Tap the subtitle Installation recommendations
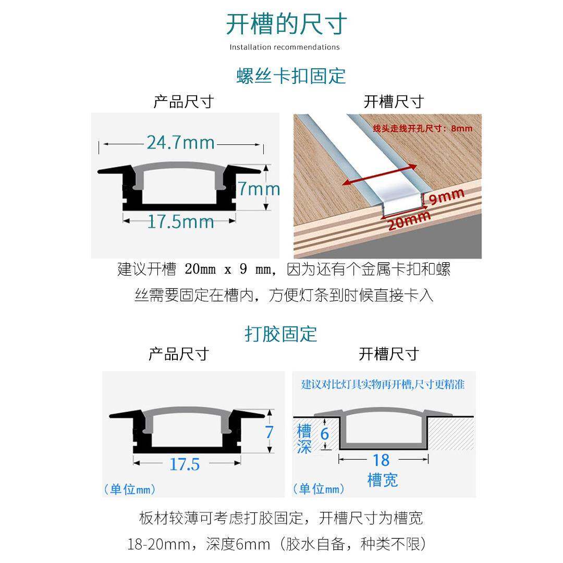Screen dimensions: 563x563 point(285,47)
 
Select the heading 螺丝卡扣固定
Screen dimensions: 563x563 point(291,76)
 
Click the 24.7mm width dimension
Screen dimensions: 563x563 point(180,143)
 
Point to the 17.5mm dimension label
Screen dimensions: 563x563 point(180,222)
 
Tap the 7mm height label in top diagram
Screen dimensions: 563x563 point(259,189)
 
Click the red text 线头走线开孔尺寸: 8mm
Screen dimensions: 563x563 point(423,128)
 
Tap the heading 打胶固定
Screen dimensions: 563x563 point(281,334)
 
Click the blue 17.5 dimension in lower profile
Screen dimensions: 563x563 point(185,464)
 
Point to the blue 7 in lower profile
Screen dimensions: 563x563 point(269,432)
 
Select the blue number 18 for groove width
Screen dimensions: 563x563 point(381,460)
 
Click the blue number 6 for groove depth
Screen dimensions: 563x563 point(325,434)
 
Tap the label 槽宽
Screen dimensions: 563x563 point(383,480)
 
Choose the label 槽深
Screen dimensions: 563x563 point(304,439)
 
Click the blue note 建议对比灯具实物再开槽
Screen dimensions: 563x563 point(383,385)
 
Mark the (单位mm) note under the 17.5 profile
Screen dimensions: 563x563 point(130,489)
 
